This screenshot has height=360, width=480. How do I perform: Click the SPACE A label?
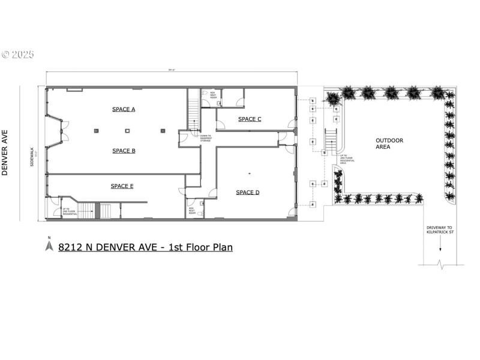click(124, 109)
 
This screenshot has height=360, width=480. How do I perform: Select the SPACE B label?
click(124, 151)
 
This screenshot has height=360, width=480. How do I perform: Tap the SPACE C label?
click(250, 119)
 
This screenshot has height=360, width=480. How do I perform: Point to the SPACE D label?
click(247, 192)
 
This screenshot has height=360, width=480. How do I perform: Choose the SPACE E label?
click(122, 186)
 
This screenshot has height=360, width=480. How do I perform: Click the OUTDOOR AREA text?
click(389, 143)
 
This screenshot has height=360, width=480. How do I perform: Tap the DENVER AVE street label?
click(5, 152)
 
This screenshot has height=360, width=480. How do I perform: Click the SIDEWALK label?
click(32, 157)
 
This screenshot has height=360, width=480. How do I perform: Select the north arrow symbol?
click(49, 245)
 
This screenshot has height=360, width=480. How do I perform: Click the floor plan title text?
click(145, 247)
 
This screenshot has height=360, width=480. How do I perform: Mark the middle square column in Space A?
click(127, 130)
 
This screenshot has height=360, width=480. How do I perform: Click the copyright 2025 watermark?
click(17, 55)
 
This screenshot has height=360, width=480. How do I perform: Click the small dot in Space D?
click(248, 174)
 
